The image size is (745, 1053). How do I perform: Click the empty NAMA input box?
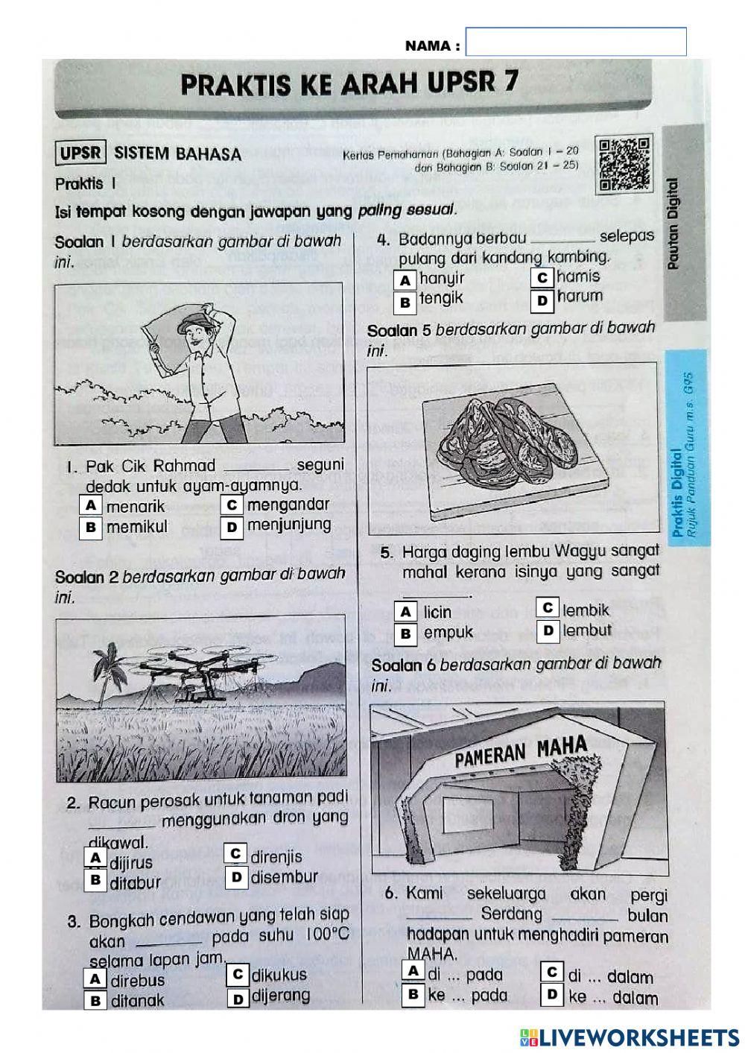575,42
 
